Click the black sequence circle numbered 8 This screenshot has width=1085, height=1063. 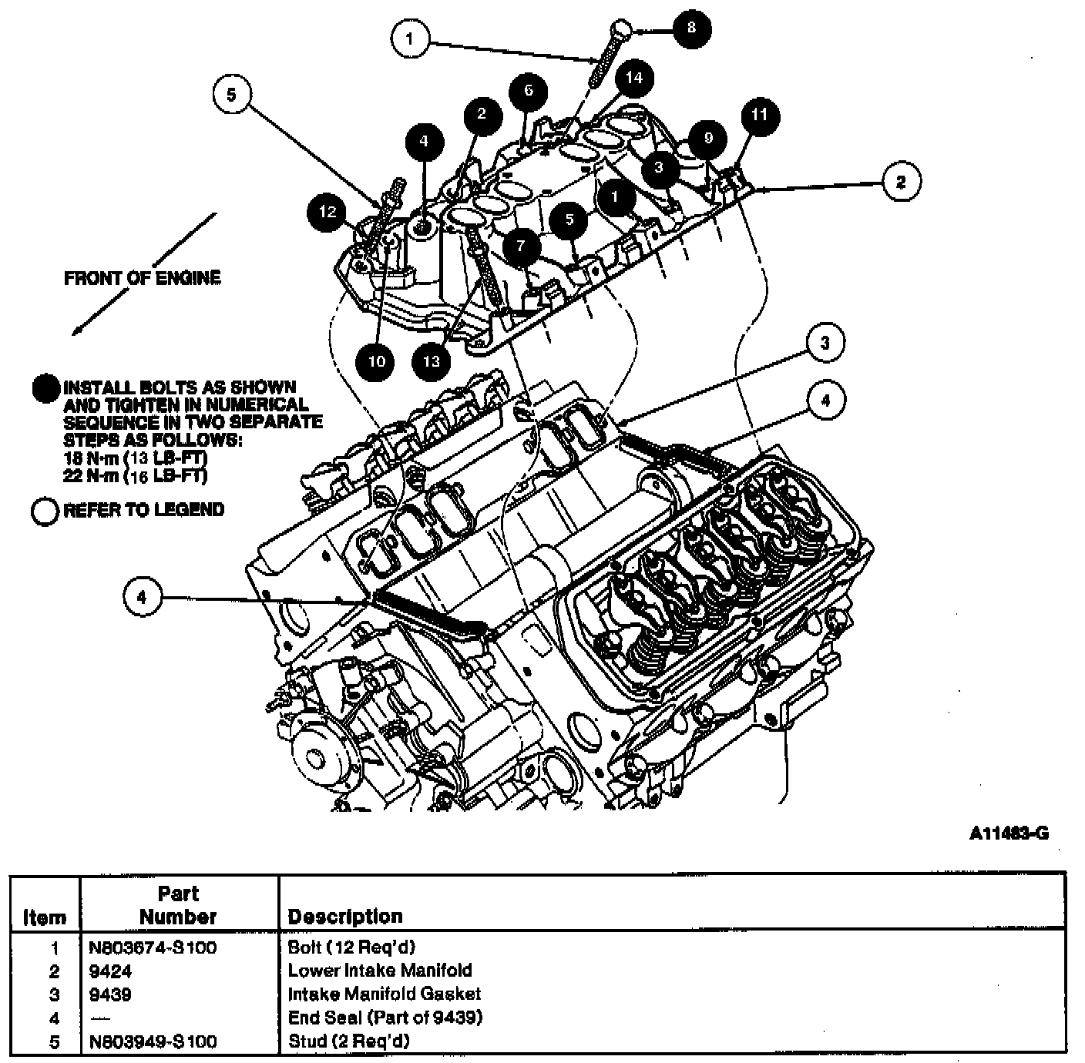click(x=691, y=29)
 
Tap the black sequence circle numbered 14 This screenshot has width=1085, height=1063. click(x=634, y=78)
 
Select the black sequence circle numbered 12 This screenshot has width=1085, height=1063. click(x=328, y=213)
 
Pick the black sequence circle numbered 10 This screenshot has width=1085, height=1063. click(x=376, y=361)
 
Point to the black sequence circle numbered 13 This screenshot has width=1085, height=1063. click(x=432, y=361)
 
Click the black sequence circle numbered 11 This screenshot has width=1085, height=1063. click(x=760, y=116)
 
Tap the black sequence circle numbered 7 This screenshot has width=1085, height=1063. click(x=521, y=246)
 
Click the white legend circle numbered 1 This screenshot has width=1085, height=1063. click(x=410, y=39)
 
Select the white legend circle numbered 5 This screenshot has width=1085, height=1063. click(x=232, y=95)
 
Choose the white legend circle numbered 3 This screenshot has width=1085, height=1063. click(x=825, y=343)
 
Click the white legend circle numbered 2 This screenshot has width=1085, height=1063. click(x=901, y=181)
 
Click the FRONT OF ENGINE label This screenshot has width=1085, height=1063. click(x=143, y=278)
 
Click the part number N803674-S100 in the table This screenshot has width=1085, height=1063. click(x=153, y=947)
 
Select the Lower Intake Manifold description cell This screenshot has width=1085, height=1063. click(x=380, y=970)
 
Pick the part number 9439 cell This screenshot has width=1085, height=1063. click(x=110, y=994)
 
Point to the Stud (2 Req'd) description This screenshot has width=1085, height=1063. click(x=348, y=1041)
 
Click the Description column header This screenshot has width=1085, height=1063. click(x=345, y=917)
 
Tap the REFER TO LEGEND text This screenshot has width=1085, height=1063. click(x=143, y=510)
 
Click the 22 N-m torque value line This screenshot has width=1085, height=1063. click(x=136, y=476)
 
